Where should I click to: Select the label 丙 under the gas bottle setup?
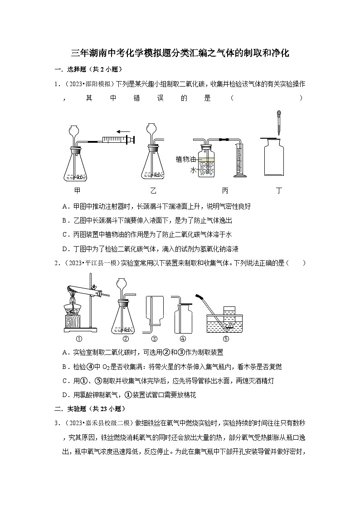click(225, 190)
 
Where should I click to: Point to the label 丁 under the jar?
click(279, 190)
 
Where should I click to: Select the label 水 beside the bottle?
click(193, 170)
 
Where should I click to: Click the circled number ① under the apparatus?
click(79, 339)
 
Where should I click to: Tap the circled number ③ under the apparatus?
click(154, 339)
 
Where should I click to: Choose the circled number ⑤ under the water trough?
click(226, 339)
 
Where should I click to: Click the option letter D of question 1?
click(66, 249)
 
